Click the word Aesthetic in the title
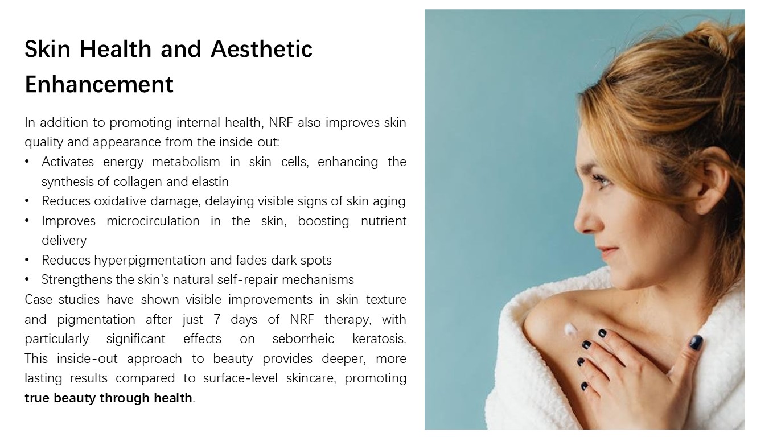(261, 49)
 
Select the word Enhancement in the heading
(99, 84)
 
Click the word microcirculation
(153, 221)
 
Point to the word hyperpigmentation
(150, 261)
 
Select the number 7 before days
(217, 319)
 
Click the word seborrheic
(303, 339)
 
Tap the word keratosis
(379, 339)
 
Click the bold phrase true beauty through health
(108, 398)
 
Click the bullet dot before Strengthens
(27, 279)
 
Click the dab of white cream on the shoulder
(570, 329)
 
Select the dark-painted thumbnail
(696, 343)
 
